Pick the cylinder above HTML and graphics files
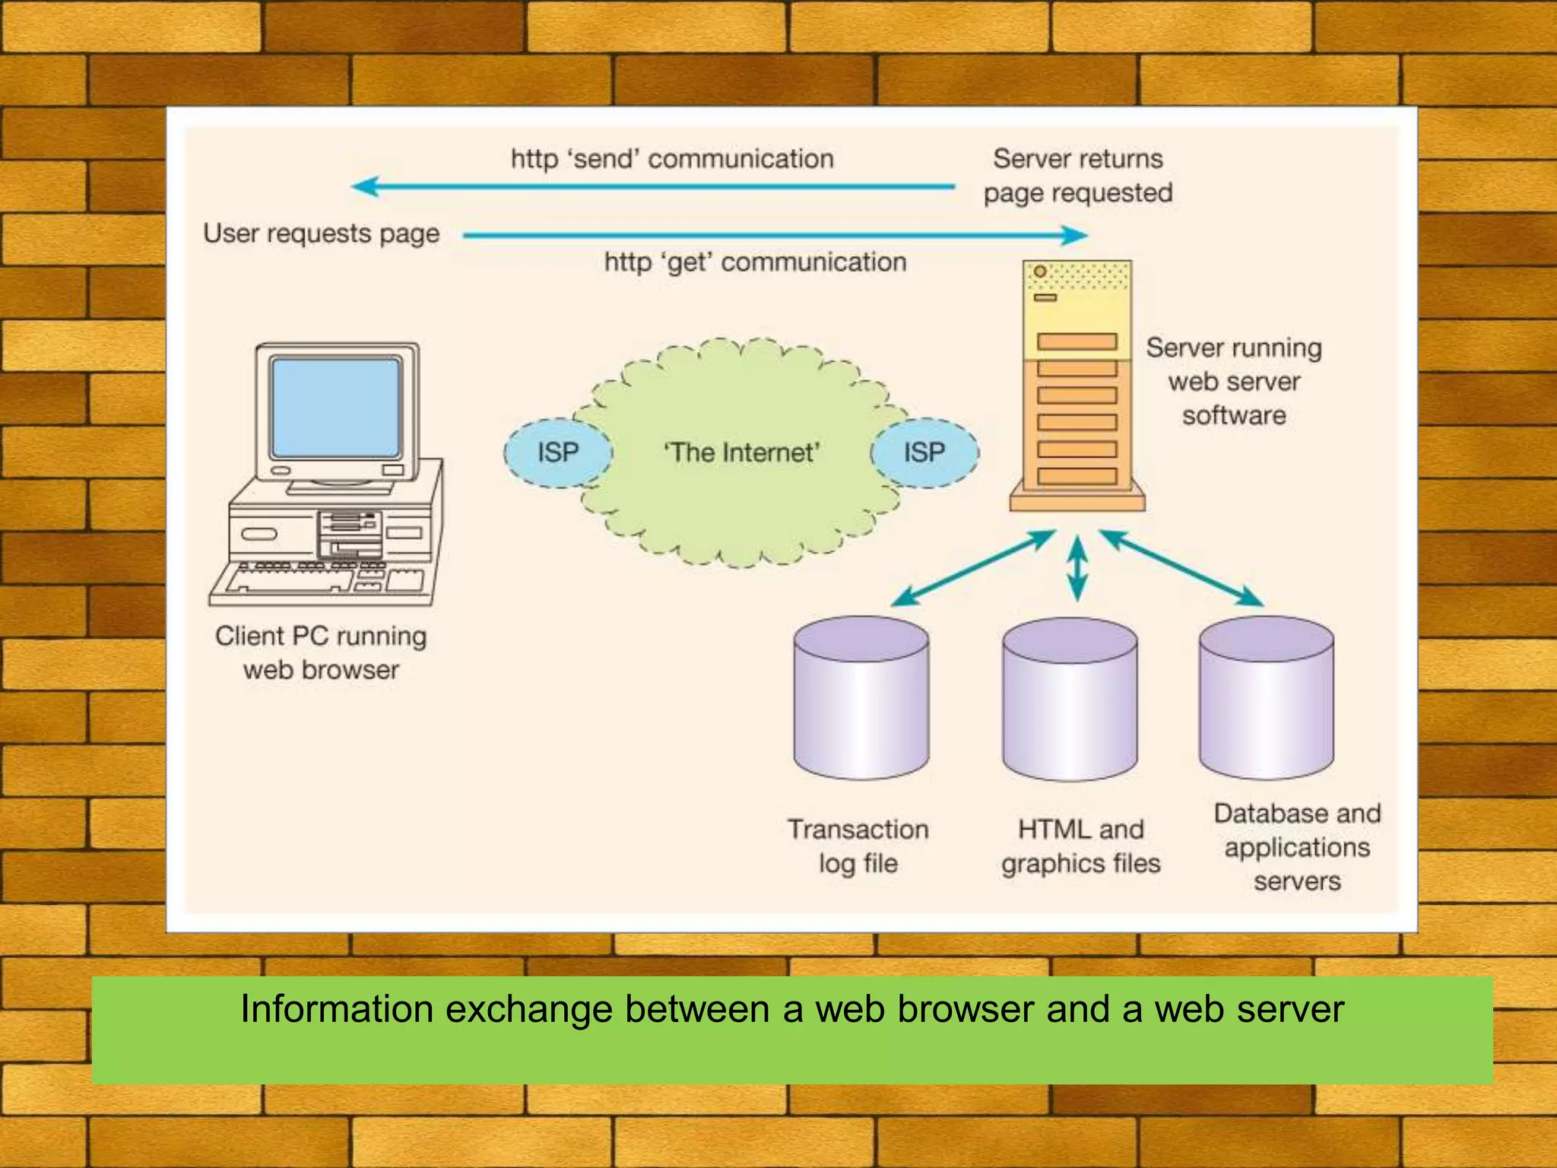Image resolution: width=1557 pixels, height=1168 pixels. tap(1070, 700)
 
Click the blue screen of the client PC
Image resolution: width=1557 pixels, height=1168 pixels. tap(336, 408)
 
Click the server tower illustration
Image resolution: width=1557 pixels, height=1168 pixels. tap(1077, 388)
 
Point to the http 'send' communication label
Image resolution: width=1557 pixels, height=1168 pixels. tap(672, 159)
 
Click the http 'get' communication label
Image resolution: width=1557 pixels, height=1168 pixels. tap(755, 262)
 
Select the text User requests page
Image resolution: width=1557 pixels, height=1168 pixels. tap(322, 233)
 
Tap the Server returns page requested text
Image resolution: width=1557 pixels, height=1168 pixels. tap(1078, 176)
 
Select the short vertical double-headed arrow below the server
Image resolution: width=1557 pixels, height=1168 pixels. tap(1077, 568)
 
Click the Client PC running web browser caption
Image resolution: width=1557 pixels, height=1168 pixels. tap(321, 652)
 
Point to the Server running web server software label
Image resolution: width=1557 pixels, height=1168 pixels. tap(1234, 381)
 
